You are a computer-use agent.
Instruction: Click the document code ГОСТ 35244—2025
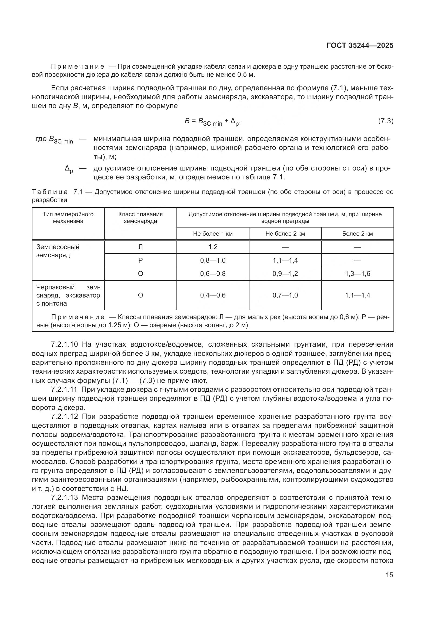(x=360, y=46)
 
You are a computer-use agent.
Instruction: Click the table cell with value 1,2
(x=213, y=247)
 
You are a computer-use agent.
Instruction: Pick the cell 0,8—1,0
(x=213, y=260)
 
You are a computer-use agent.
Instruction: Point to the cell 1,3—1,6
(x=358, y=274)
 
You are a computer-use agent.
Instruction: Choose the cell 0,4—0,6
(x=213, y=295)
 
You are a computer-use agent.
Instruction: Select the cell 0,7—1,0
(x=285, y=295)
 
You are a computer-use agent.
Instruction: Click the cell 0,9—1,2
(x=285, y=274)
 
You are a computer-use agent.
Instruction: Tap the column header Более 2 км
(x=358, y=234)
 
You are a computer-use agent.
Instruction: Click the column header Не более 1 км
(x=213, y=234)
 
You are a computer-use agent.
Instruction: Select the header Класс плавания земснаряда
(x=140, y=218)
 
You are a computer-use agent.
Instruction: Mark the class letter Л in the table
(x=140, y=247)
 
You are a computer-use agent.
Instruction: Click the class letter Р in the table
(x=140, y=260)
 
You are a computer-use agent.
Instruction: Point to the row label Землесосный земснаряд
(x=58, y=251)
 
